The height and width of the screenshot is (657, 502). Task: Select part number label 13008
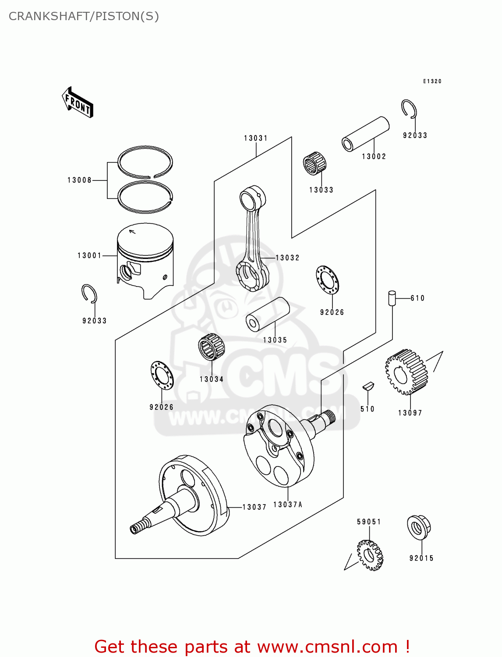click(79, 180)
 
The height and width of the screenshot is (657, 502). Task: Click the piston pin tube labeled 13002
click(365, 134)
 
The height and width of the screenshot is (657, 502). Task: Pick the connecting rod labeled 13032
click(252, 241)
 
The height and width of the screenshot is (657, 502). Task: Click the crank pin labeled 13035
click(268, 314)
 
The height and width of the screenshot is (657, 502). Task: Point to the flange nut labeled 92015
click(419, 527)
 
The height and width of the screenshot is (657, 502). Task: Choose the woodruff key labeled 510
click(368, 386)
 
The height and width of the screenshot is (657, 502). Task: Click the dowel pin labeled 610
click(392, 298)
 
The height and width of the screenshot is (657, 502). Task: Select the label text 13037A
click(288, 505)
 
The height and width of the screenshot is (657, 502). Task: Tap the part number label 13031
click(256, 138)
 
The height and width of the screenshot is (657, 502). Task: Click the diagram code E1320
click(432, 81)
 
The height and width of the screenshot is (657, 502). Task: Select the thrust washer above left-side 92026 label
click(162, 375)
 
